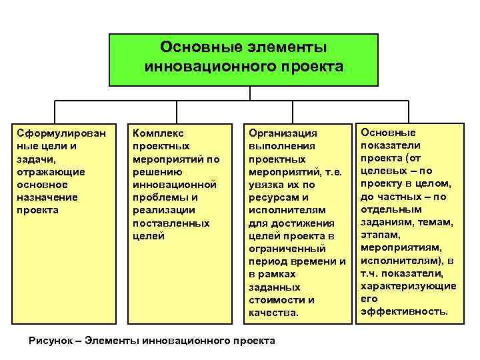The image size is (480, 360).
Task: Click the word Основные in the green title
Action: (x=193, y=48)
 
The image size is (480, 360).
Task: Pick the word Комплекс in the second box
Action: (x=159, y=134)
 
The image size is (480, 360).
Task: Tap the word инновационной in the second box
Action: (x=175, y=185)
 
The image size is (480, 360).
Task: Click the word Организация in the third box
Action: (x=283, y=134)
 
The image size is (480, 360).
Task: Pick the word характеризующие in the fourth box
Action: (x=408, y=286)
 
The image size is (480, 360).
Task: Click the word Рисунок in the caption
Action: (x=51, y=341)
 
